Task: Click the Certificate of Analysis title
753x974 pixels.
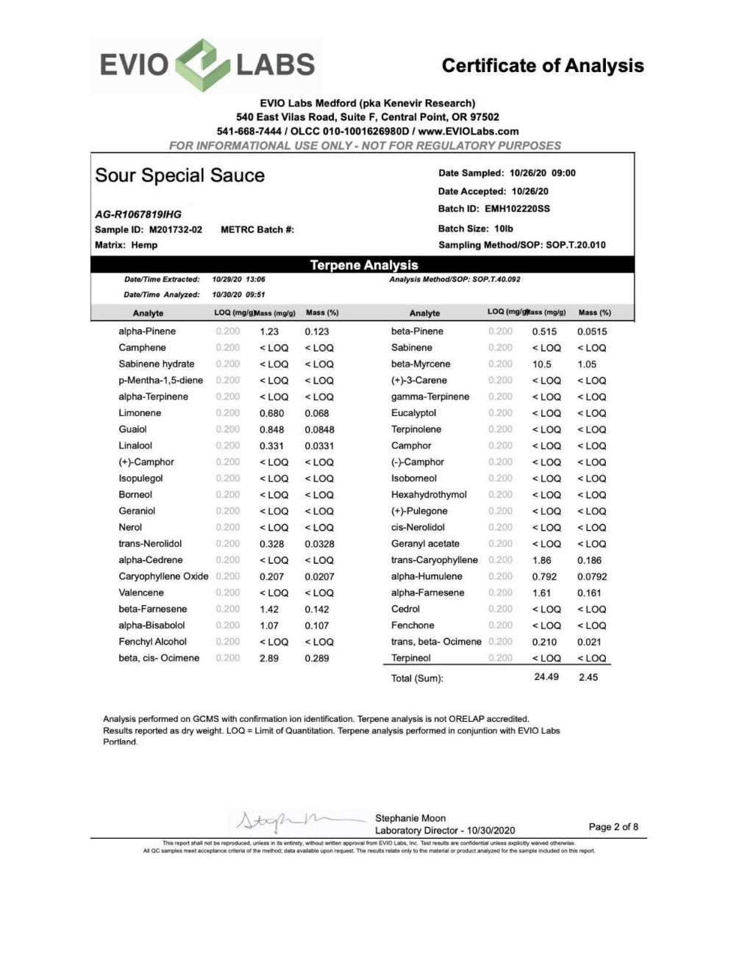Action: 543,66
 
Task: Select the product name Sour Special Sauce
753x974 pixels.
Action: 179,176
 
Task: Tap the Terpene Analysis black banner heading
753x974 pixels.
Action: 363,265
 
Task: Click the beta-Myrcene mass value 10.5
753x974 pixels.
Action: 542,365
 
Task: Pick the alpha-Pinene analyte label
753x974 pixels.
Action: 147,332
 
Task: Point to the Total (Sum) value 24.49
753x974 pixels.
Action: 546,677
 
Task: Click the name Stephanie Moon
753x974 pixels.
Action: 410,818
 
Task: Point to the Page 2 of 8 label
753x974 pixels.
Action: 613,827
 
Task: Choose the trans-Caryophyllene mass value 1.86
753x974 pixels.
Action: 542,560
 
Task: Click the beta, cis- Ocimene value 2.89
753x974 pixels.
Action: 269,659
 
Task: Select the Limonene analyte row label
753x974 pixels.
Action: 140,413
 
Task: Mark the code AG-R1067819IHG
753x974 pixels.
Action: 138,215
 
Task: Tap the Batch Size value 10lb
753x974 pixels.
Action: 503,229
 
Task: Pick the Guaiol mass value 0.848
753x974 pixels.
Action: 271,429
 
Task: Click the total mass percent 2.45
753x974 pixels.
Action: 588,677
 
